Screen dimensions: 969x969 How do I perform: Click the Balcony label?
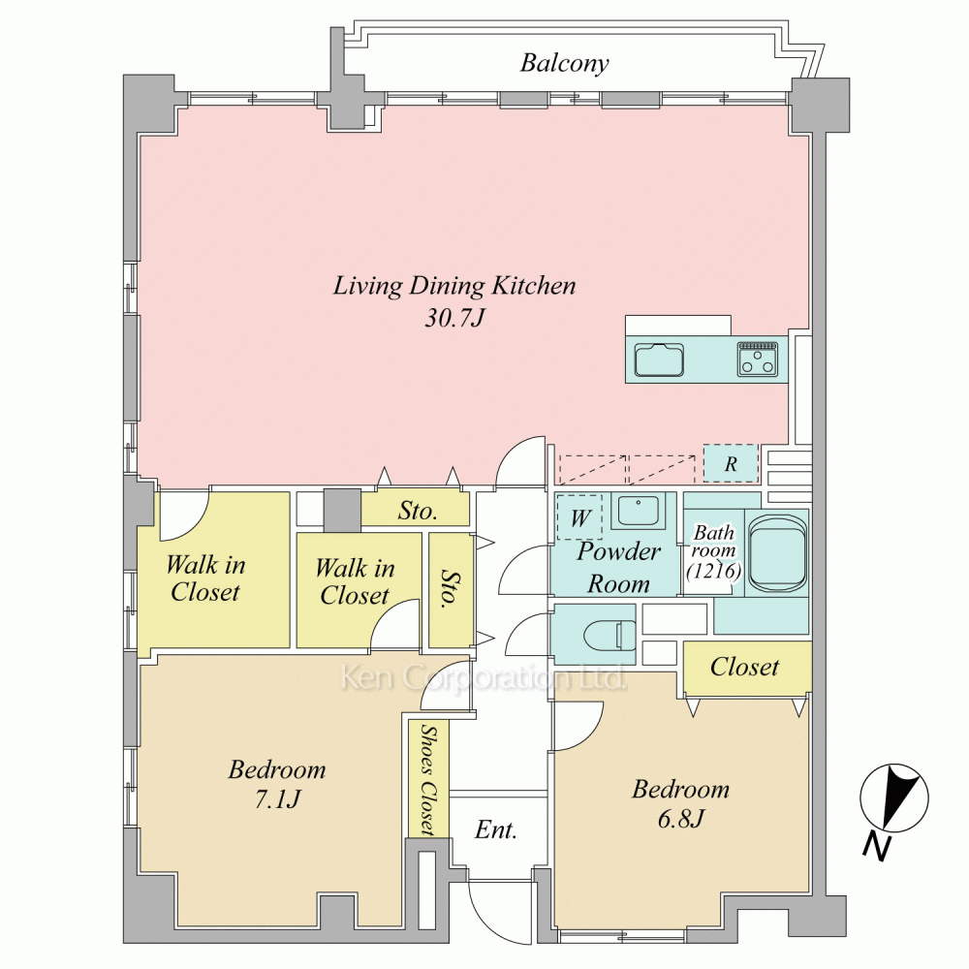564,64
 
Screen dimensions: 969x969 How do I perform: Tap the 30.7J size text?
454,318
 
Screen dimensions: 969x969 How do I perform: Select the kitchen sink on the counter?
659,359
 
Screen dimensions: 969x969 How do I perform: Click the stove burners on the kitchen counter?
757,359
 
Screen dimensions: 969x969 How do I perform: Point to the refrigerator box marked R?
731,463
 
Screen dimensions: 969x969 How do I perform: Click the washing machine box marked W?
579,517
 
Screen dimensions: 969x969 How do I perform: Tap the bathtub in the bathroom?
778,553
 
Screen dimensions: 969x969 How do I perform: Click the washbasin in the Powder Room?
638,511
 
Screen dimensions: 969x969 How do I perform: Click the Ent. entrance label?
495,830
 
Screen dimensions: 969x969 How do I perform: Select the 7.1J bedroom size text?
277,799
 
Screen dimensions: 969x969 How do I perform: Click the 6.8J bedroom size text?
680,820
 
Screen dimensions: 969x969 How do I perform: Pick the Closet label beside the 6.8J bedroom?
744,667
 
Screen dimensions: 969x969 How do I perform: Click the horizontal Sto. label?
418,511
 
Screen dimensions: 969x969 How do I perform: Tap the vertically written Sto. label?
452,589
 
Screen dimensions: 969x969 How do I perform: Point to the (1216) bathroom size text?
714,571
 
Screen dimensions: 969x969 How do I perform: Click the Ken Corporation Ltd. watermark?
484,678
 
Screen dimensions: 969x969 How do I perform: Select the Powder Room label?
618,567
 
